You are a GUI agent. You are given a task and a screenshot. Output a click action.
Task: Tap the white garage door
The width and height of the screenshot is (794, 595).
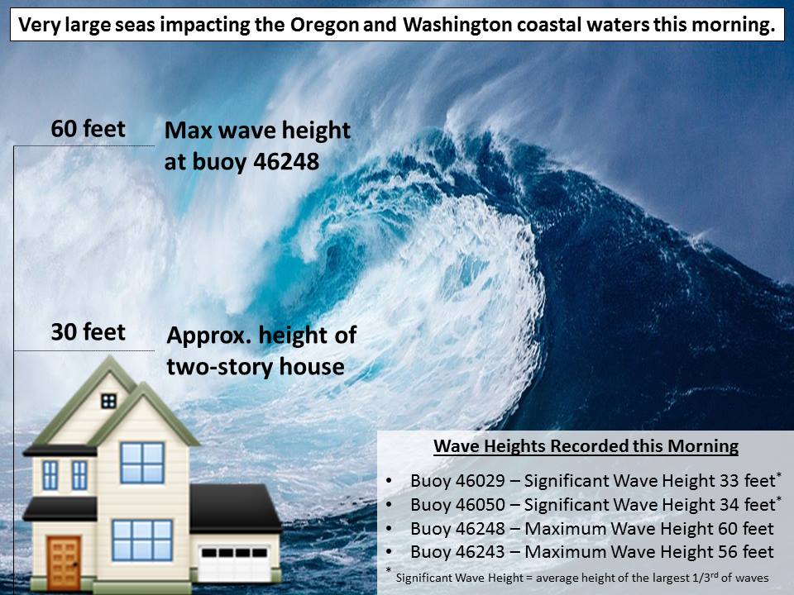click(x=234, y=563)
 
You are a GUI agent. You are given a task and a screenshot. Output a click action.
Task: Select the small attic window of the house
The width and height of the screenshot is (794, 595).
click(x=108, y=402)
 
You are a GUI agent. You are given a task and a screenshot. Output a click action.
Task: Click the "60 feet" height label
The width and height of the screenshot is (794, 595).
click(x=88, y=129)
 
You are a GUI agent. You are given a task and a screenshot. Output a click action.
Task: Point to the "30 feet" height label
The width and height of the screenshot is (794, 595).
click(x=88, y=332)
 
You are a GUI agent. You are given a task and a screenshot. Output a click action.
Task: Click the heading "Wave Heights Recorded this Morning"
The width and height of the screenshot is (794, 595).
click(x=586, y=445)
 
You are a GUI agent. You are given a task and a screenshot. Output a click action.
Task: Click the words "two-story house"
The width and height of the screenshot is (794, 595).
click(x=256, y=367)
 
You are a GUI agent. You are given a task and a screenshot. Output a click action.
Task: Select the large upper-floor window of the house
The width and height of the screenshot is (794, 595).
click(x=142, y=463)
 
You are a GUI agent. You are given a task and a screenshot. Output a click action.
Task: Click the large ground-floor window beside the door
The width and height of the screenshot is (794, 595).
click(x=142, y=540)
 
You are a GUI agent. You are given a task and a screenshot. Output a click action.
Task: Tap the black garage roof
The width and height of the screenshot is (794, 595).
click(x=235, y=507)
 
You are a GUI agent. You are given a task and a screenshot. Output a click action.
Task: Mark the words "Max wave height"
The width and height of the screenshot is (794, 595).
click(x=257, y=131)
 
